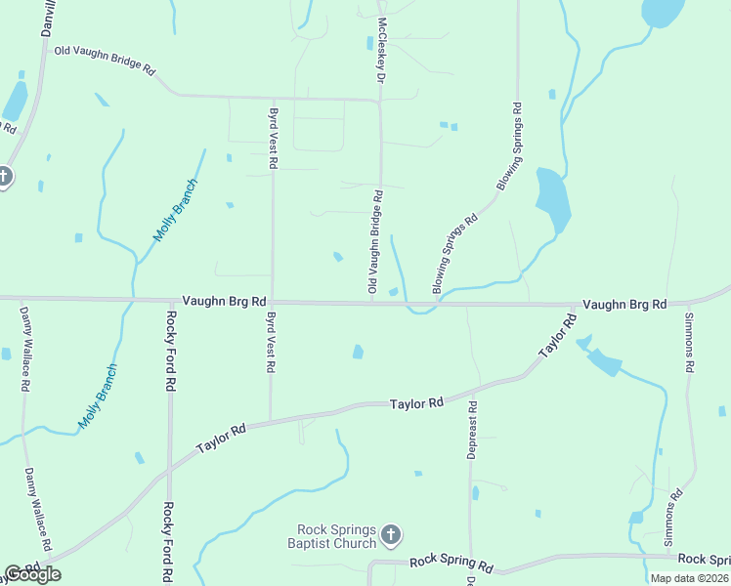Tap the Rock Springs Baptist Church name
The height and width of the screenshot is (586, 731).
click(331, 537)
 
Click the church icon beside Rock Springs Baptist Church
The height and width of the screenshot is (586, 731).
click(390, 534)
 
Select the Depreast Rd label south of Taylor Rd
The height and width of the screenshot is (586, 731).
click(472, 431)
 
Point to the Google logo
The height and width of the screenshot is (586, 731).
click(32, 574)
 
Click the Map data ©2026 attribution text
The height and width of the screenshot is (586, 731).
click(688, 578)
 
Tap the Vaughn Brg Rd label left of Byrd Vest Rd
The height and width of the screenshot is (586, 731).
click(224, 303)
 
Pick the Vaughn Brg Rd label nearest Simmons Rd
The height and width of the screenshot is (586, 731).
click(624, 305)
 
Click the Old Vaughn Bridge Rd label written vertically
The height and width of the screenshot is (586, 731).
click(374, 242)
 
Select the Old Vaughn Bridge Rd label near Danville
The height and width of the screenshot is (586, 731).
click(106, 61)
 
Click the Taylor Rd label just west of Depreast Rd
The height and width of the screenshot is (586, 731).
click(416, 402)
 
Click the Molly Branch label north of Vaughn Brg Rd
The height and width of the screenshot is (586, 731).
click(176, 211)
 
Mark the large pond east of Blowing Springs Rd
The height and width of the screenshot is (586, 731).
click(551, 201)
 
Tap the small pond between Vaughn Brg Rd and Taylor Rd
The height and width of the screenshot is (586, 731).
click(358, 351)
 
